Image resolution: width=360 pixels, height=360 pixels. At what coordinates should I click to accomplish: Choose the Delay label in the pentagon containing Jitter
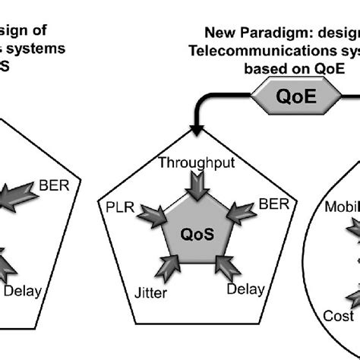click(x=246, y=289)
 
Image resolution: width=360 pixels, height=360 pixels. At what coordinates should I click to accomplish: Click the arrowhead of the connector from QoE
click(x=197, y=131)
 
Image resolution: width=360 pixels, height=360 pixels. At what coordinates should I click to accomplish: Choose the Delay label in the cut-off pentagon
click(x=23, y=289)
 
